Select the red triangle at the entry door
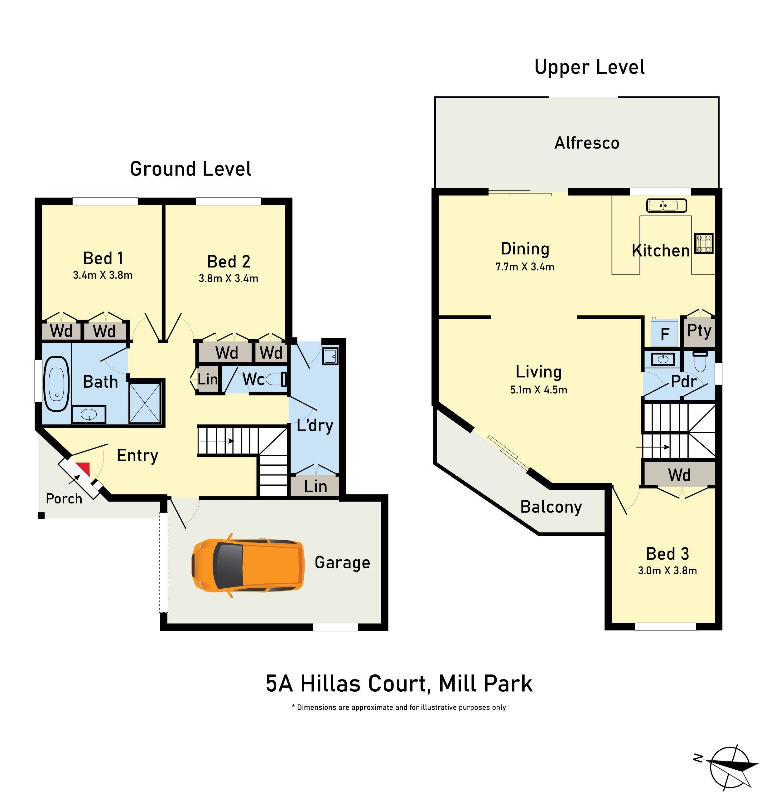84,469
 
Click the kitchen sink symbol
666,205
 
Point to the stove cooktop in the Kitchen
703,243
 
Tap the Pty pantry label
699,331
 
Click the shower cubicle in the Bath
145,403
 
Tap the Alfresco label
586,143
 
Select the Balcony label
551,507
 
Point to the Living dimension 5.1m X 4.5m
538,390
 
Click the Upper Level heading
589,67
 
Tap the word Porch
64,498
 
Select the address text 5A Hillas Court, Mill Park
399,684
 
